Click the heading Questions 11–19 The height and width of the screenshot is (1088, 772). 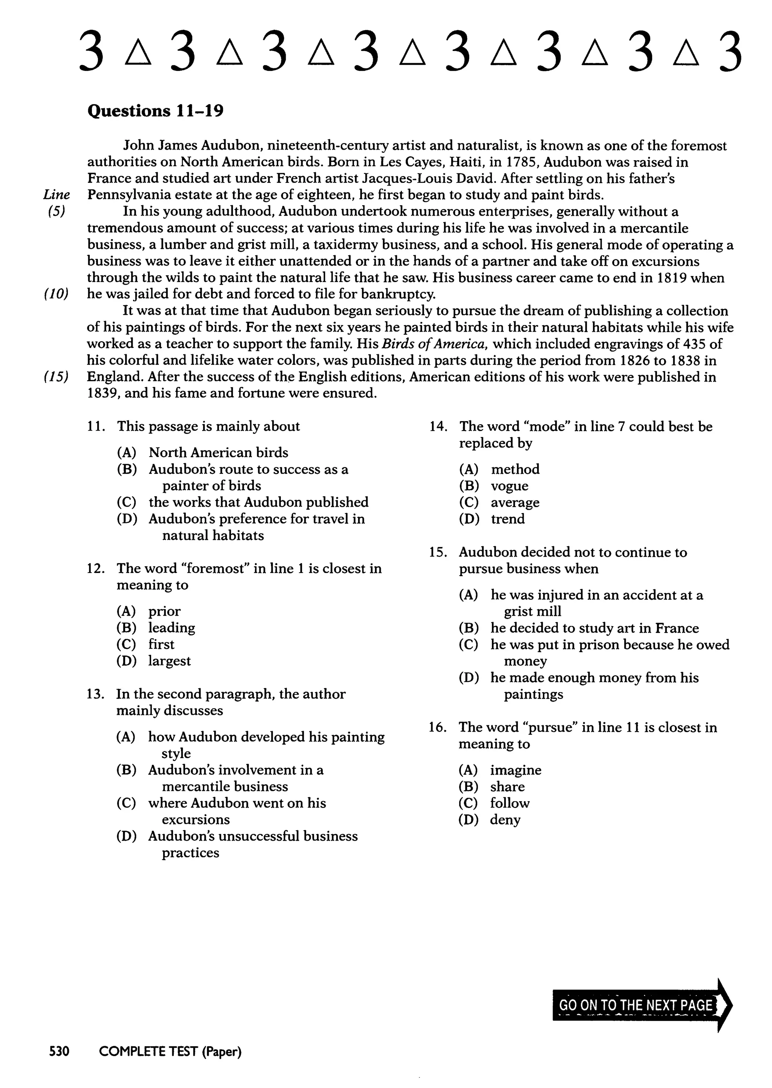tap(155, 111)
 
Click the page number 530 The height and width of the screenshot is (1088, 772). tap(60, 1051)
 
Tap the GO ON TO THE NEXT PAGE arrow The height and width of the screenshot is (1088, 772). tap(641, 1005)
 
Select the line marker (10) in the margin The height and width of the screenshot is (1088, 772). tap(56, 294)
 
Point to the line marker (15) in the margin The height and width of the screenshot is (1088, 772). tap(56, 377)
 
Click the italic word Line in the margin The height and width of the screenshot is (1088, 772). tap(57, 195)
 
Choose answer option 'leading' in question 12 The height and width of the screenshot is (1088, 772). tap(172, 628)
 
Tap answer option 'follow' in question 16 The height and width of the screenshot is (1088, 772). tap(510, 803)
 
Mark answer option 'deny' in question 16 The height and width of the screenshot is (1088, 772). tap(505, 820)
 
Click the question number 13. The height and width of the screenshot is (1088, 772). tap(95, 694)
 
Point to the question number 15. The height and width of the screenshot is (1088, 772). tap(438, 552)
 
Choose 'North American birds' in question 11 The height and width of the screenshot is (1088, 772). tap(218, 452)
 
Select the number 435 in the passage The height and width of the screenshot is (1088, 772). tap(696, 344)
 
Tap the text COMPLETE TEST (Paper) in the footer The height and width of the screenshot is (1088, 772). tap(170, 1051)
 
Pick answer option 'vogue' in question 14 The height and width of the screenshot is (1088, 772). tap(509, 486)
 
